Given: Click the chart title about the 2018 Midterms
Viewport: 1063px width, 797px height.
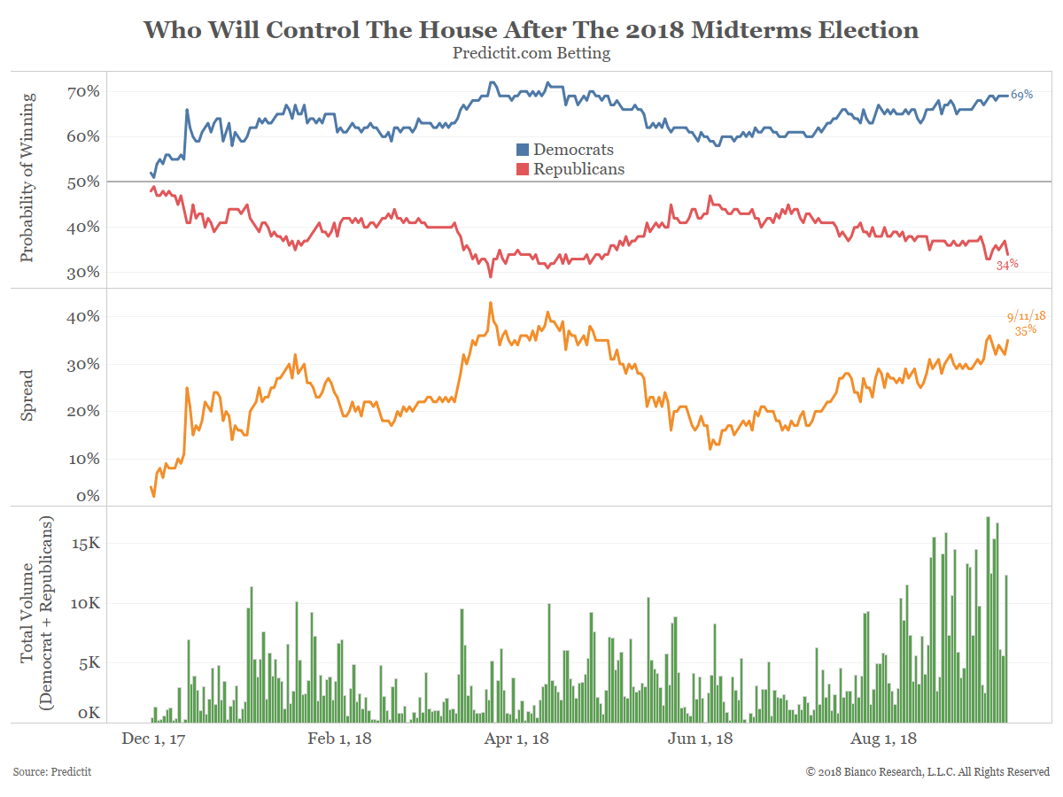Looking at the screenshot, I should (x=531, y=30).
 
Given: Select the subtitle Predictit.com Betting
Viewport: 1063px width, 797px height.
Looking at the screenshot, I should (x=531, y=53).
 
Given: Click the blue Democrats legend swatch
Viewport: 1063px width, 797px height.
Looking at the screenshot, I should (x=523, y=151).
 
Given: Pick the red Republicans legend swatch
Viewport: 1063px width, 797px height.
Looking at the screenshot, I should (x=523, y=169).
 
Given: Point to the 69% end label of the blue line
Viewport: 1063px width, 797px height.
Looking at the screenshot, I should (x=1021, y=95).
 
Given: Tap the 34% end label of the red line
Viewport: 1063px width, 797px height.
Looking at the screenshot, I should (x=1007, y=264).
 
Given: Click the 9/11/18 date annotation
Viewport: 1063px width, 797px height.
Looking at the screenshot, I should (x=1026, y=315).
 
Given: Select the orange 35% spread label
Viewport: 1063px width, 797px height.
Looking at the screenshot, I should (x=1025, y=330).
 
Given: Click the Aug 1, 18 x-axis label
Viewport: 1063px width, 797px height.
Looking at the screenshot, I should (x=883, y=739).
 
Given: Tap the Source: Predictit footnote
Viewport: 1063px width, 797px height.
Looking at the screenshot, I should (x=52, y=772).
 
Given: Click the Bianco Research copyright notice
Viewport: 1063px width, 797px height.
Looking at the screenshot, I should (x=927, y=772).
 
